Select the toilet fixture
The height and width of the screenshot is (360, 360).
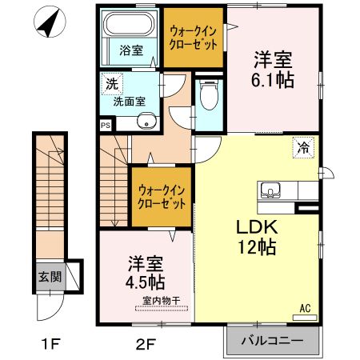point(210,97)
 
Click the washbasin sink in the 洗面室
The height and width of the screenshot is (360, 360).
point(146,121)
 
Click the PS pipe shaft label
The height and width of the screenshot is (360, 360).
point(106,126)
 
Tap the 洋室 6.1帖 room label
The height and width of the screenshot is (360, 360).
point(273,70)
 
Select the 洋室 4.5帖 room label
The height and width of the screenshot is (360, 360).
point(145,273)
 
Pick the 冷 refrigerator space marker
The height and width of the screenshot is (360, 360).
point(304,146)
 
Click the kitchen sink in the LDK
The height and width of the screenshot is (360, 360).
point(270,190)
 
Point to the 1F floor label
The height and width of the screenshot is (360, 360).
point(52,346)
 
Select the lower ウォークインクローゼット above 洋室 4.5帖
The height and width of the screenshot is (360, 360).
point(162,197)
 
